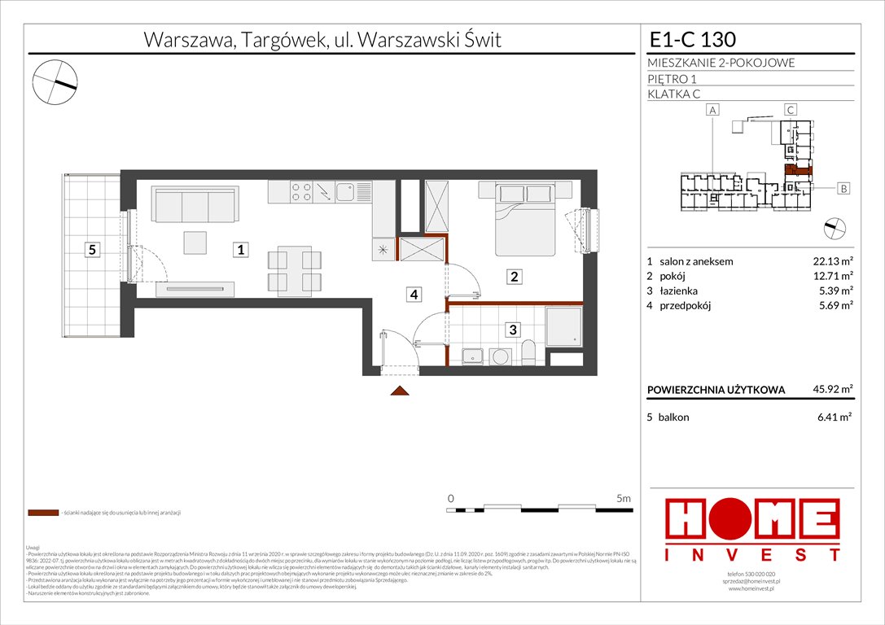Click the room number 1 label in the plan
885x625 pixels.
(241, 251)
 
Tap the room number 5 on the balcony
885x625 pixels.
(93, 251)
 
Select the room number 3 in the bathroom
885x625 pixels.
(513, 330)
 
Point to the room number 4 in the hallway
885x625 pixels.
(414, 295)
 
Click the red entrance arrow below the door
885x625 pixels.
(399, 391)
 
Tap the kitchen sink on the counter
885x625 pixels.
(347, 193)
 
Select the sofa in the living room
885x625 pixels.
(195, 204)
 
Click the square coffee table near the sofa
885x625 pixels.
(195, 243)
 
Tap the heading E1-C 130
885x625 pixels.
(693, 39)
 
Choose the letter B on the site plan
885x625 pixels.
(843, 189)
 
